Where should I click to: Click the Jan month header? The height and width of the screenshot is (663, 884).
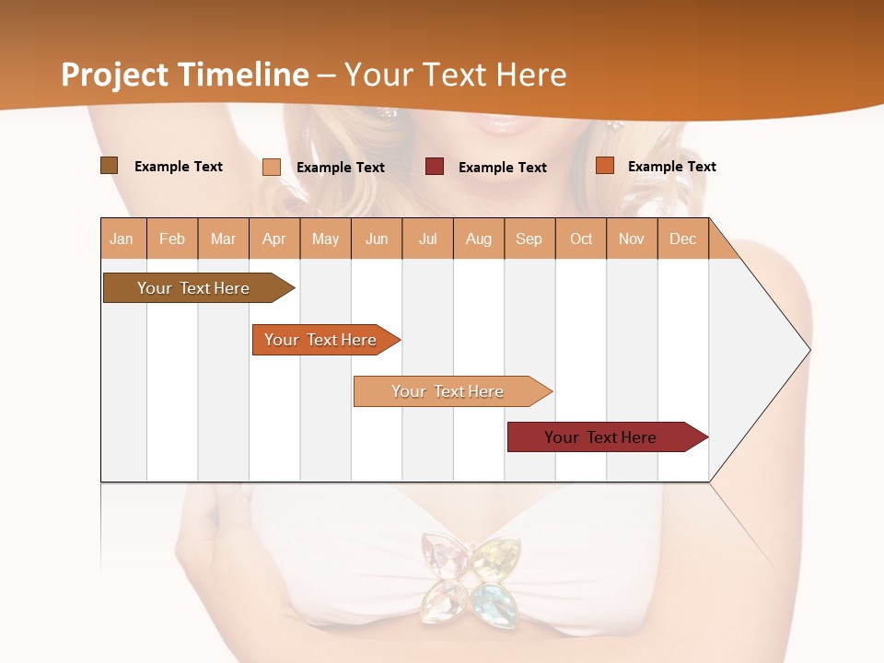122,238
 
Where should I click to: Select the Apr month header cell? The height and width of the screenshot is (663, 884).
274,238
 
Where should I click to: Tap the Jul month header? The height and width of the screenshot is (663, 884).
427,238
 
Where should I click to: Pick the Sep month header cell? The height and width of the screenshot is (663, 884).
529,238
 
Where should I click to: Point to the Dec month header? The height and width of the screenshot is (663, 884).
682,238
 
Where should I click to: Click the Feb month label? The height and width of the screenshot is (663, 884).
172,238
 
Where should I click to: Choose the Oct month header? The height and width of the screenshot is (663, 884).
581,238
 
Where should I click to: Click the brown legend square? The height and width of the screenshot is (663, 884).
109,166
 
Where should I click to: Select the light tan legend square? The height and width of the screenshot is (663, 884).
272,167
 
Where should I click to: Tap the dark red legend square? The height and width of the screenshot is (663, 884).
435,166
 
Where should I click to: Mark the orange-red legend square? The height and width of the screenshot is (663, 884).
605,166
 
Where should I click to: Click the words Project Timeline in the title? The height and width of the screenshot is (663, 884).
184,75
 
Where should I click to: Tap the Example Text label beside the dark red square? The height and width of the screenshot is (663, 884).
502,167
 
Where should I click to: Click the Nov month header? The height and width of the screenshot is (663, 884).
632,238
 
